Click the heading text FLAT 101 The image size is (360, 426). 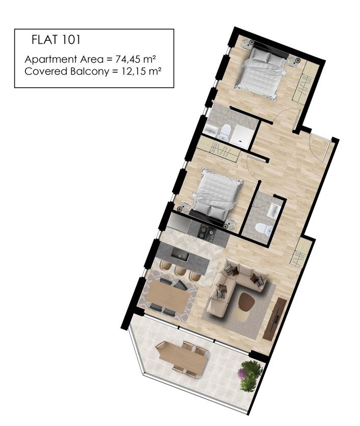tap(56, 39)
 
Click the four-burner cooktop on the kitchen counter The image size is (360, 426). tap(208, 232)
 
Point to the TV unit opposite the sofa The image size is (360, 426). tap(275, 319)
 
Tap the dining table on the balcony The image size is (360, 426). tap(183, 358)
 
